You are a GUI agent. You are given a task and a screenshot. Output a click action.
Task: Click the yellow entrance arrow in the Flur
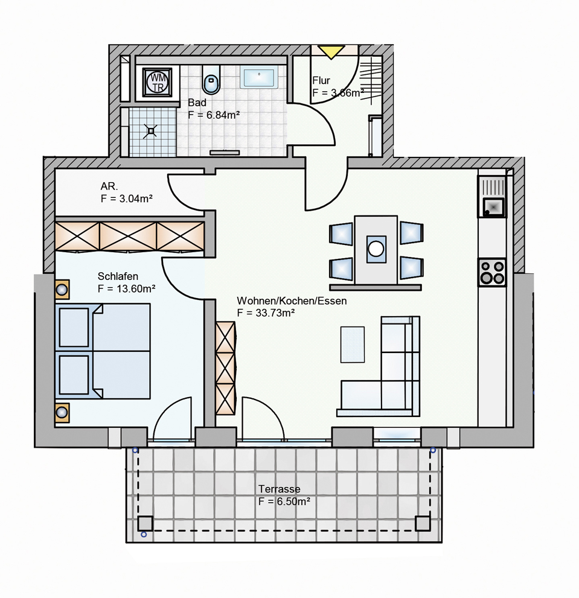pos(331,51)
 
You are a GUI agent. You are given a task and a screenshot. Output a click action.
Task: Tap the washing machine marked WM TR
pos(157,82)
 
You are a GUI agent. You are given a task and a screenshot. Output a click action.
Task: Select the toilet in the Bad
pos(211,80)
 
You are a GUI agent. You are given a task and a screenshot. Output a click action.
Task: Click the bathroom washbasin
pos(259,78)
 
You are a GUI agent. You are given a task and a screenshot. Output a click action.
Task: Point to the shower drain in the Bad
pos(151,131)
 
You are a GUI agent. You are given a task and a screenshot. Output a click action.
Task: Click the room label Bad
pos(197,103)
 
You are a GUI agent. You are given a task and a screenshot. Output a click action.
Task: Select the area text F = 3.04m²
pos(127,199)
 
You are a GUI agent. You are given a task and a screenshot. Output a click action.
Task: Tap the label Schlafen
pos(118,276)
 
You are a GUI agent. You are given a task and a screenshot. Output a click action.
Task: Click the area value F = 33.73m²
pos(266,313)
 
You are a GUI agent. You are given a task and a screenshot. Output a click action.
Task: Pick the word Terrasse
pos(280,489)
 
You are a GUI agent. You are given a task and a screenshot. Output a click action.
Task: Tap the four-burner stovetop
pos(492,272)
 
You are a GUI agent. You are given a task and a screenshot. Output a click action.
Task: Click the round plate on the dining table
pos(376,249)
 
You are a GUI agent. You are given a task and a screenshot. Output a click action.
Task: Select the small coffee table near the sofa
pos(352,345)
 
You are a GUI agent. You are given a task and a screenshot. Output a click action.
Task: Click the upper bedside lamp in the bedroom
pos(62,290)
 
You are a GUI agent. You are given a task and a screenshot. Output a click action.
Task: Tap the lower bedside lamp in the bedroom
pos(62,413)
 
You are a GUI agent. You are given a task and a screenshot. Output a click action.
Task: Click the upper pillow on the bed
pos(74,327)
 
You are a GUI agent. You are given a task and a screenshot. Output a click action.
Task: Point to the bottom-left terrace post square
pos(145,524)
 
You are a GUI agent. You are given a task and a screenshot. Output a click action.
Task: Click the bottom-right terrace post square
pos(423,524)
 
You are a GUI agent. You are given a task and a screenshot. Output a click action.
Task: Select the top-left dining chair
pos(341,234)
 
